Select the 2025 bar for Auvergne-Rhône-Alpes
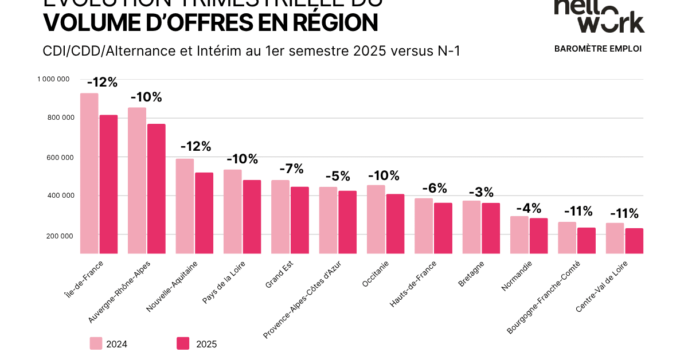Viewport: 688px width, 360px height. tap(156, 189)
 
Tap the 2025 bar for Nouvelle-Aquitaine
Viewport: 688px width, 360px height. tap(204, 213)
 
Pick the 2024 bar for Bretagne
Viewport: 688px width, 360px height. tap(471, 227)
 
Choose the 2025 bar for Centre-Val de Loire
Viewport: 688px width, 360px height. tap(634, 241)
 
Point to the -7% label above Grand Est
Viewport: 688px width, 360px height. tap(291, 169)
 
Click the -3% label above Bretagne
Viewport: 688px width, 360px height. tap(481, 193)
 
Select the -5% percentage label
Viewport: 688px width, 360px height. tap(337, 176)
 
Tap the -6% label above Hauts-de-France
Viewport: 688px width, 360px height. tap(434, 188)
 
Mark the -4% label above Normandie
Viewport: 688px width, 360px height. tap(529, 208)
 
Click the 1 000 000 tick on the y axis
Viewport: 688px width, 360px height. tap(53, 79)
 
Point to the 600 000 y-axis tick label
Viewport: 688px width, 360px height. tap(56, 157)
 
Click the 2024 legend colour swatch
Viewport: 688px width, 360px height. tap(96, 343)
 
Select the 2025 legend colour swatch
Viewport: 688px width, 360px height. tap(183, 343)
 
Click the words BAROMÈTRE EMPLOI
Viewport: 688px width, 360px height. tap(598, 49)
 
